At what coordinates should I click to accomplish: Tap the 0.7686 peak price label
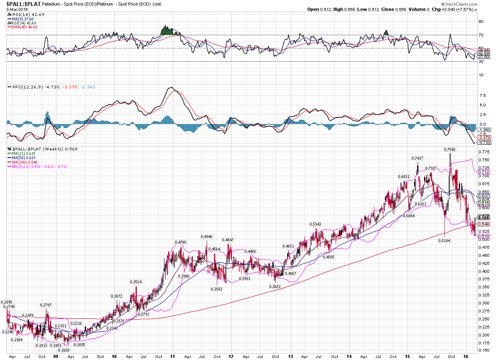(450, 149)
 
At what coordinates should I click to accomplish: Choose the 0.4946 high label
(207, 236)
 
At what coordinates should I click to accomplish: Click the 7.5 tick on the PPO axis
(483, 95)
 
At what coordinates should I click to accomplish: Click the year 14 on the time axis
(349, 356)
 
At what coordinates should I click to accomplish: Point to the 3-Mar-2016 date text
(14, 9)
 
